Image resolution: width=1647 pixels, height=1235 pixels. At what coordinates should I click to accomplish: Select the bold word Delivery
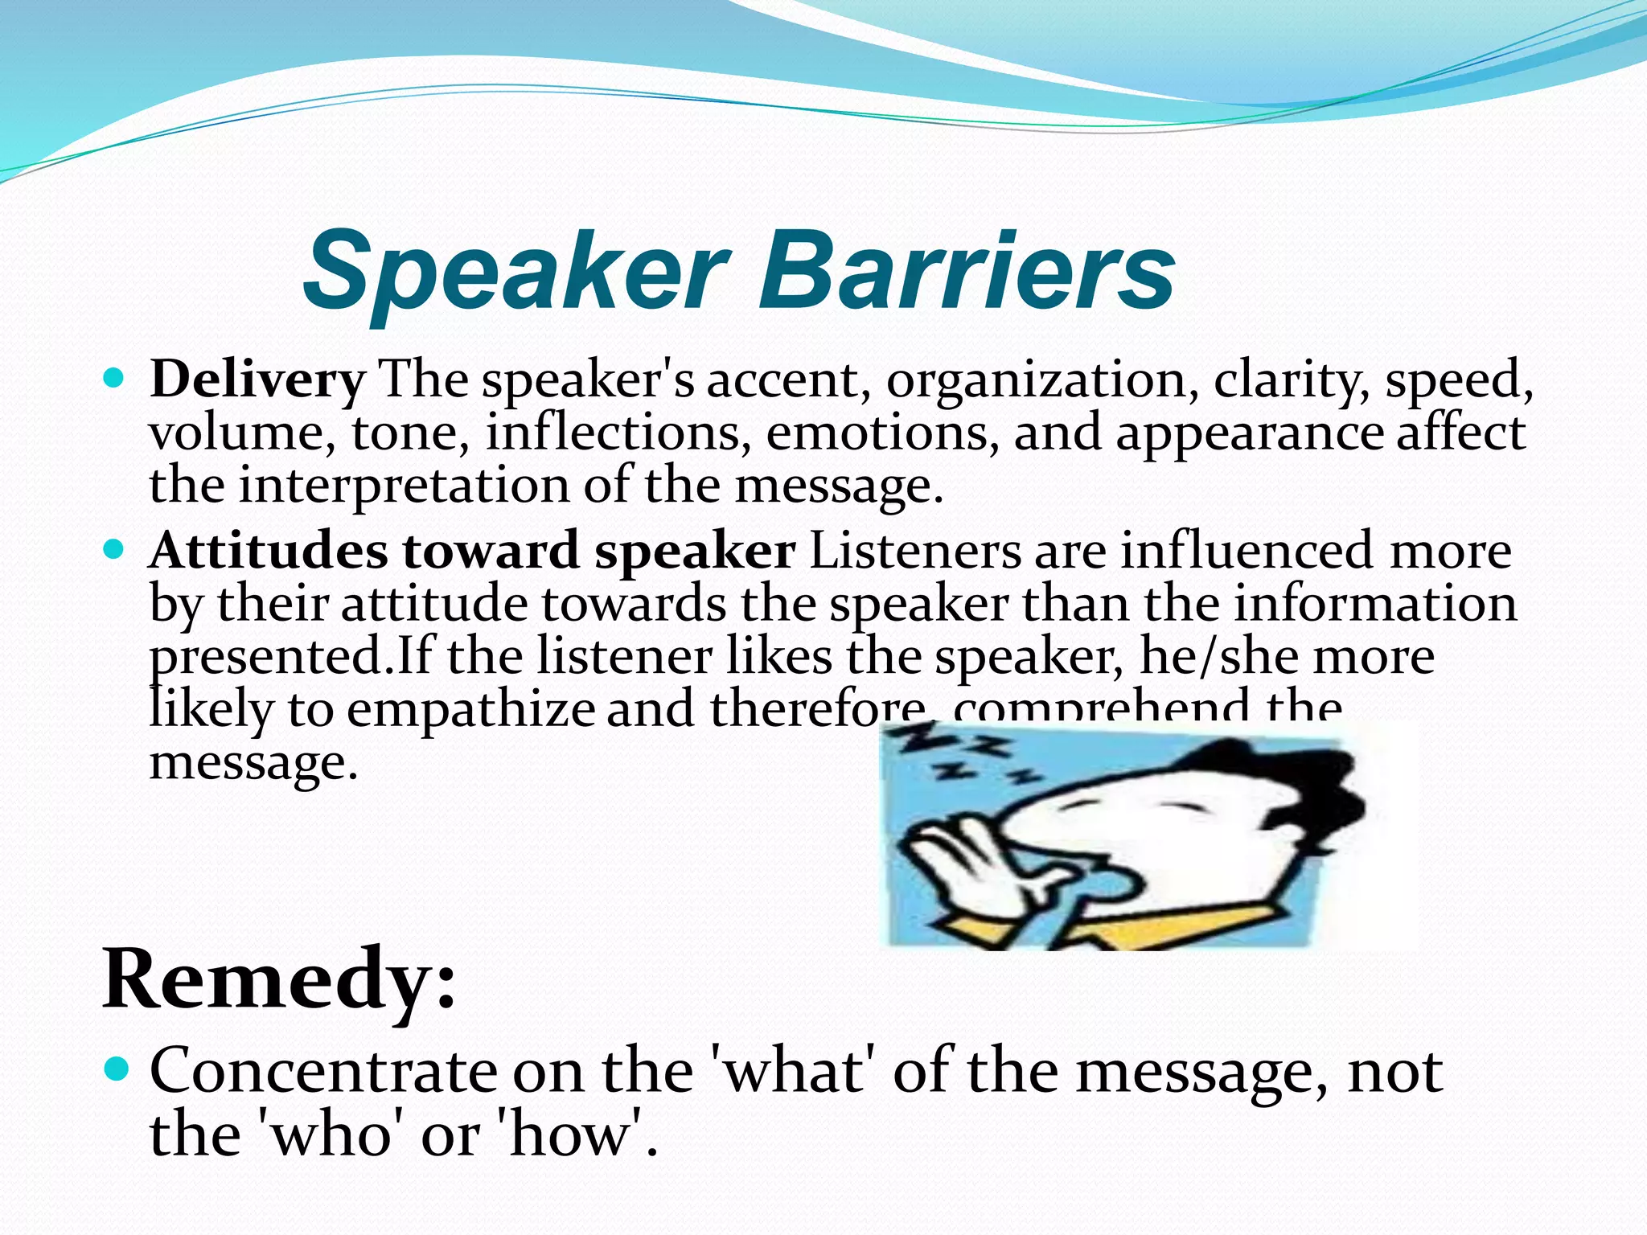coord(257,380)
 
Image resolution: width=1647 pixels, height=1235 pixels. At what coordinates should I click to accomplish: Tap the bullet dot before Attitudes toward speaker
coord(115,550)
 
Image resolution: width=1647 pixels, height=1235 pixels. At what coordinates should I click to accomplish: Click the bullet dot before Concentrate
coord(116,1069)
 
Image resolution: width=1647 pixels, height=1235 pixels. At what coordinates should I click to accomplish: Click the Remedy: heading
coord(279,979)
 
